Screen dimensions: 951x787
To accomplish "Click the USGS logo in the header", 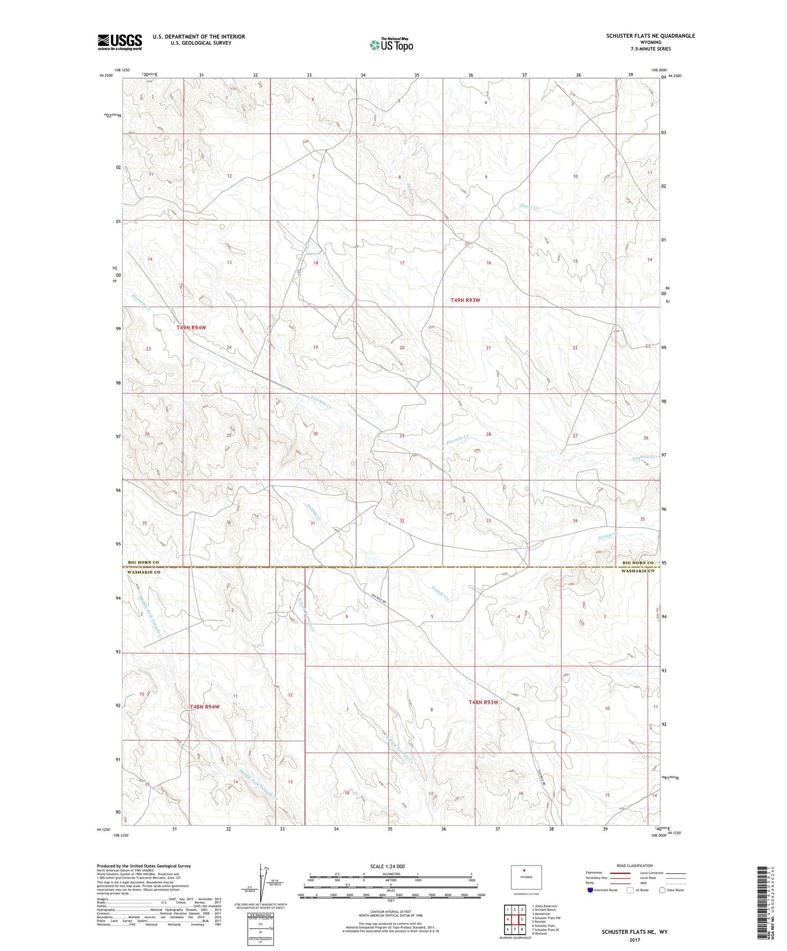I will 120,42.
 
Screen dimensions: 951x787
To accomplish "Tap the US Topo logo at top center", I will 391,45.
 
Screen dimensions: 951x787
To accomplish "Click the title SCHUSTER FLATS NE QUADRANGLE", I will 650,36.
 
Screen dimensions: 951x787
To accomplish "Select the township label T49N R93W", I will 466,300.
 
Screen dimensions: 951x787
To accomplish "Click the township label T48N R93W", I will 484,702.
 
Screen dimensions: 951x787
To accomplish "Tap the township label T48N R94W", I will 204,706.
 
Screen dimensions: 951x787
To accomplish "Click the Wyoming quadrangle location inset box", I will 526,876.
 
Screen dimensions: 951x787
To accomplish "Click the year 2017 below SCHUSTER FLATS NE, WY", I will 634,940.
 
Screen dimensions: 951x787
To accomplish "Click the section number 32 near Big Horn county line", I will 402,521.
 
